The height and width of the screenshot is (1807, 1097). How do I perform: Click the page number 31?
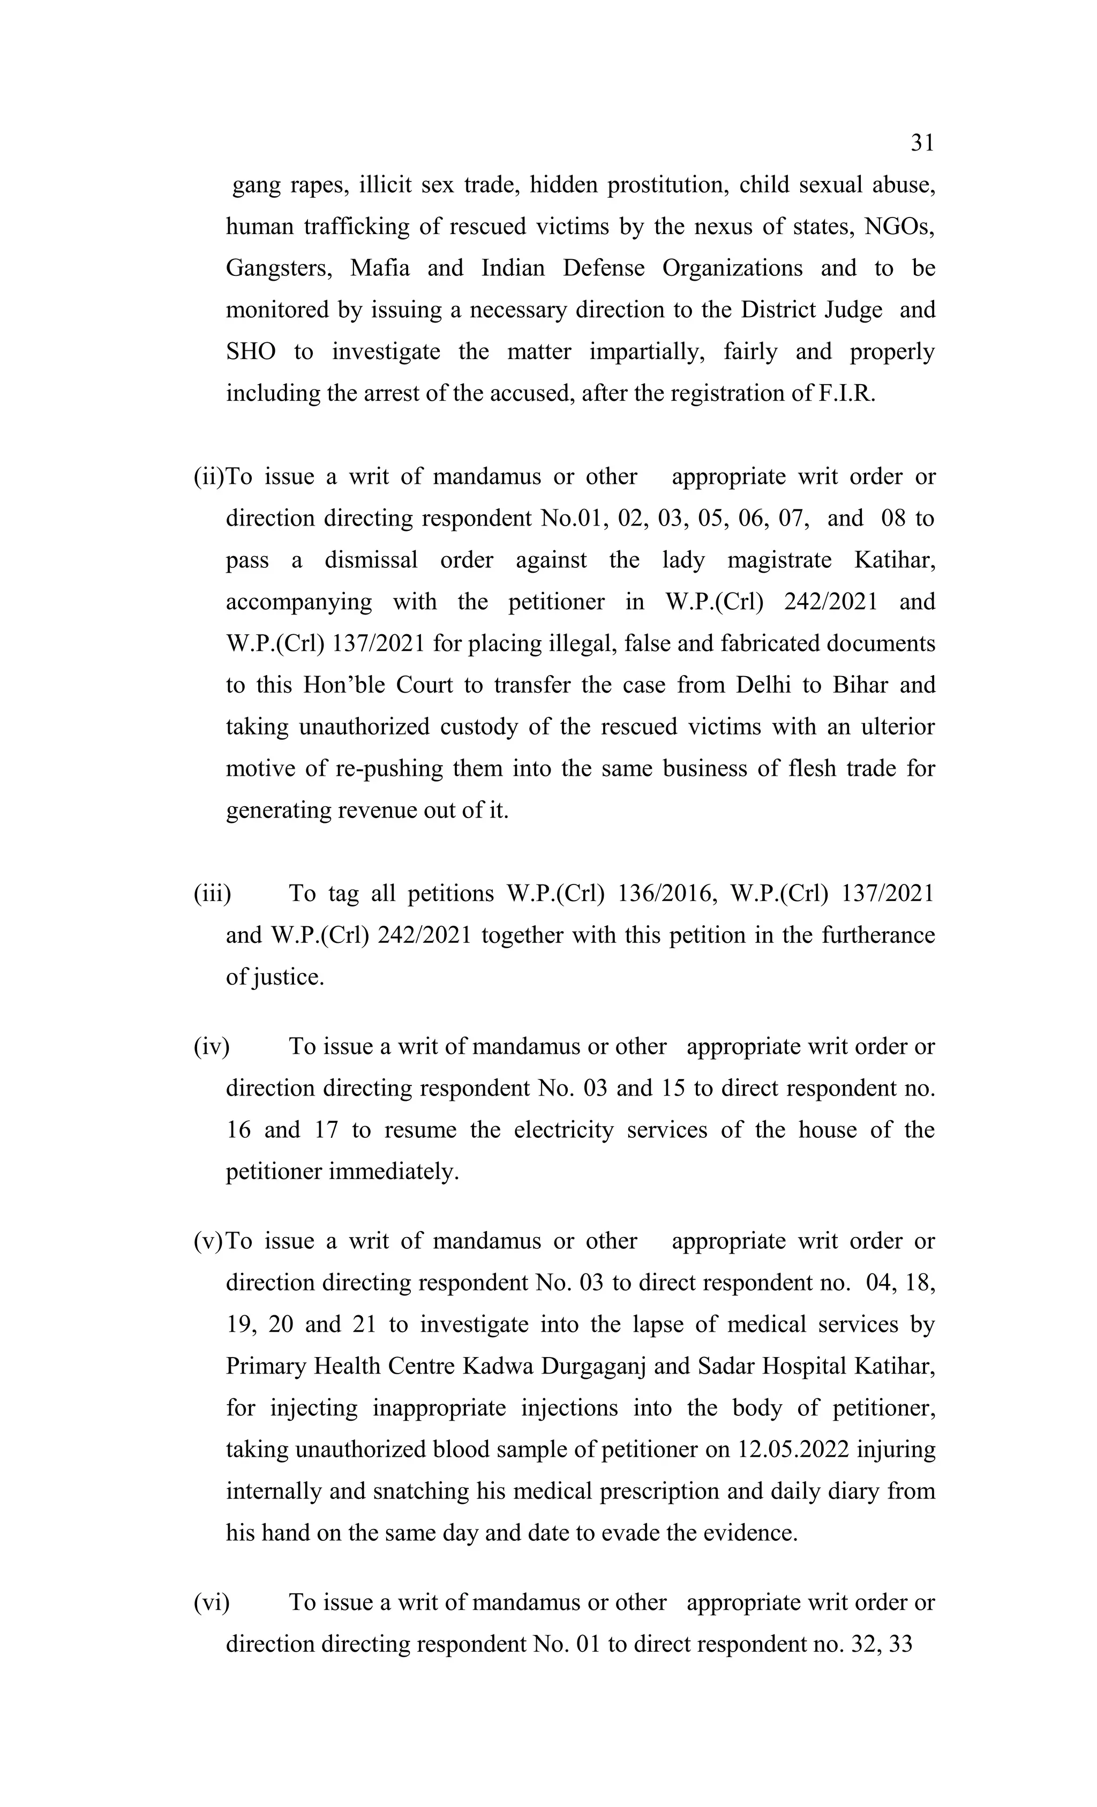pyautogui.click(x=922, y=143)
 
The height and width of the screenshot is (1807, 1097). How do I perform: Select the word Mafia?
pyautogui.click(x=379, y=268)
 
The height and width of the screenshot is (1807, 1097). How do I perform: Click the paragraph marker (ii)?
pyautogui.click(x=208, y=477)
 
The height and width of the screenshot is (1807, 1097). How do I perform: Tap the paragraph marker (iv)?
pyautogui.click(x=211, y=1046)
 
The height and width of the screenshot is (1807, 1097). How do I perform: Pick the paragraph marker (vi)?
pyautogui.click(x=211, y=1602)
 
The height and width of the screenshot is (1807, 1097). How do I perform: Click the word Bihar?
pyautogui.click(x=859, y=685)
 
